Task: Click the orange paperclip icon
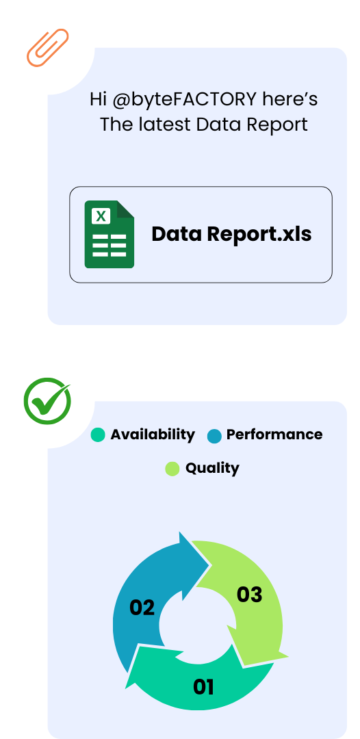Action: click(x=48, y=48)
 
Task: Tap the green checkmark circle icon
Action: click(x=47, y=401)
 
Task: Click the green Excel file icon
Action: click(x=110, y=234)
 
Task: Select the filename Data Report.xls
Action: click(x=231, y=234)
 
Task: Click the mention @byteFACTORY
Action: click(x=185, y=100)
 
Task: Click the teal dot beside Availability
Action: click(x=98, y=435)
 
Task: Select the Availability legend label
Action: click(x=153, y=435)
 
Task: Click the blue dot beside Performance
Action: click(x=214, y=437)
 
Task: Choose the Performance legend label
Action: click(x=274, y=435)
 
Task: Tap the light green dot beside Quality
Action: click(x=172, y=469)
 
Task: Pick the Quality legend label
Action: click(x=212, y=469)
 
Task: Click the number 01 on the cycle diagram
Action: click(x=203, y=687)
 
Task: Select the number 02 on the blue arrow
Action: click(x=142, y=608)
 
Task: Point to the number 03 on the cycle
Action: click(x=249, y=595)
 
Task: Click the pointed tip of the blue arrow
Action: click(x=209, y=564)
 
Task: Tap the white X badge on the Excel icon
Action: click(x=101, y=216)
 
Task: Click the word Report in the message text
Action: click(x=278, y=125)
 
